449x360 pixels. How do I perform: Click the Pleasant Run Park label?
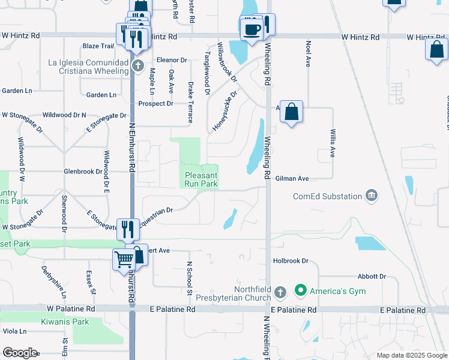(200, 180)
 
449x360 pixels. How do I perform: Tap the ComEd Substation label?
(327, 196)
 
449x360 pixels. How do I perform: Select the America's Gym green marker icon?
(301, 292)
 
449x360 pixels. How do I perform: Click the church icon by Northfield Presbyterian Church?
(280, 292)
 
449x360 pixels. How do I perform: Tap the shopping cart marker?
(123, 259)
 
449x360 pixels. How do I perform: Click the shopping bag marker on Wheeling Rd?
(291, 112)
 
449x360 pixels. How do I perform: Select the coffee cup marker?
(250, 28)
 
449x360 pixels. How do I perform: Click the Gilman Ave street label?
(292, 179)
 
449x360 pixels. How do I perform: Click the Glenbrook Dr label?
(83, 172)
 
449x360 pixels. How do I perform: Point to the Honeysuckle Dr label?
(226, 111)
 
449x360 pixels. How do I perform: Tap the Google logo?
(20, 353)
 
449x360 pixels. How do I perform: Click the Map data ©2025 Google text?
(411, 355)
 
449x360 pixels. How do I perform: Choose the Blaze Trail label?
(98, 46)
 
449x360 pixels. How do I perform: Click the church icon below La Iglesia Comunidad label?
(137, 65)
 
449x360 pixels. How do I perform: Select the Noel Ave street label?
(308, 53)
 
